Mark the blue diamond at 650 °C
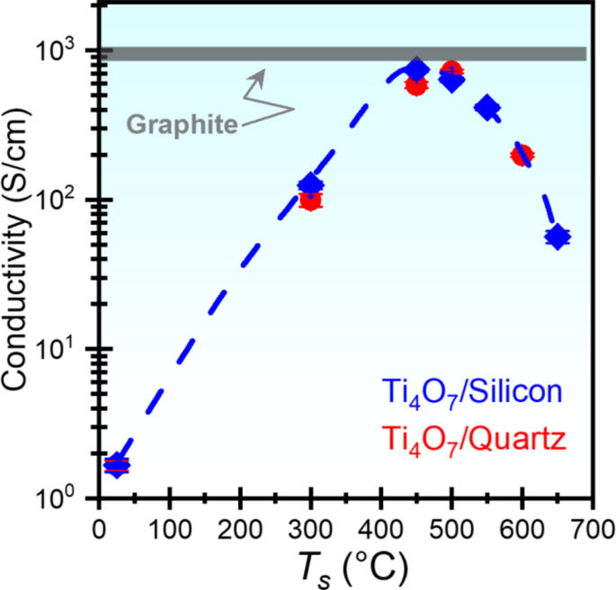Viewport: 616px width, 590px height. tap(558, 237)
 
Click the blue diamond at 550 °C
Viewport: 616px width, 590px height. tap(487, 108)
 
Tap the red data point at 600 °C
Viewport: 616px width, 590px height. tap(522, 155)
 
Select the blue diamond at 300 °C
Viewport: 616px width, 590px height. tap(310, 184)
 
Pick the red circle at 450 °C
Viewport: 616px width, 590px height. tap(415, 85)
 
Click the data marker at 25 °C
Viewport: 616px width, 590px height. tap(116, 465)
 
